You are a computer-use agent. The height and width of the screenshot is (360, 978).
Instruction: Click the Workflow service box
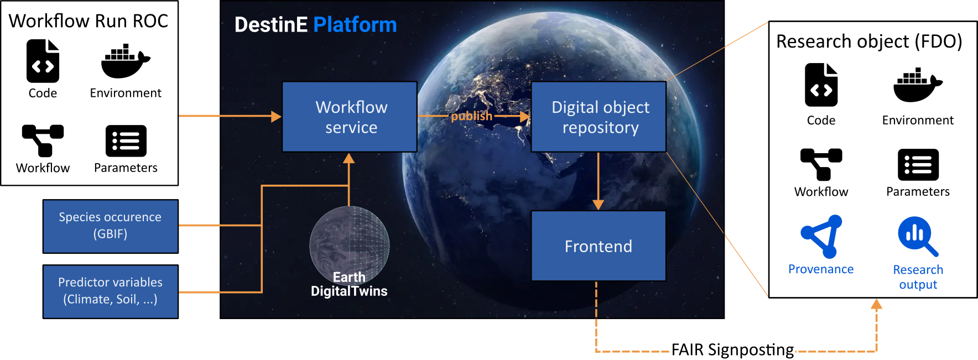(x=350, y=117)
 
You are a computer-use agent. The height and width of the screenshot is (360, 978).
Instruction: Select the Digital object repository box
(x=599, y=117)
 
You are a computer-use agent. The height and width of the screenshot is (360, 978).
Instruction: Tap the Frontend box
(x=599, y=246)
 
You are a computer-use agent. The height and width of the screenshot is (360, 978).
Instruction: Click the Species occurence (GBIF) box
(x=111, y=226)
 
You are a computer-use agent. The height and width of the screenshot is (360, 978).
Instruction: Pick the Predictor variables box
(x=111, y=291)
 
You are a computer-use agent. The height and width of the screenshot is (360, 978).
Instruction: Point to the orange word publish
(x=471, y=116)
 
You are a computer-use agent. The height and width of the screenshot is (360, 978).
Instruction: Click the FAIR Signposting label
(x=732, y=350)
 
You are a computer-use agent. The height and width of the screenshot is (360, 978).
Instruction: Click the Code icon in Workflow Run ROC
(x=43, y=61)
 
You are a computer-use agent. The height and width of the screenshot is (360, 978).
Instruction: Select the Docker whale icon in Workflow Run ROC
(x=126, y=61)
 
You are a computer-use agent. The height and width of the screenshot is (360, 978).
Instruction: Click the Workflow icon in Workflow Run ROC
(x=43, y=140)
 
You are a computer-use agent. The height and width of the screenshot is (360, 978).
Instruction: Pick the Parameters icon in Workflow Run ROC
(x=126, y=141)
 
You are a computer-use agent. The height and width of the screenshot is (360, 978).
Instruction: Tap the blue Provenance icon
(x=821, y=237)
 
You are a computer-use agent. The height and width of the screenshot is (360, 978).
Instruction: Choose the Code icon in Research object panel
(x=821, y=85)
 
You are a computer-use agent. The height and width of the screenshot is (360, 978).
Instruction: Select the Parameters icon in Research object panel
(x=918, y=165)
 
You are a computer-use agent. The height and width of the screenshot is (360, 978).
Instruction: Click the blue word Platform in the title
(x=355, y=25)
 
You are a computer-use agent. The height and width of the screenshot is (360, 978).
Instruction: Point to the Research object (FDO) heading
(x=869, y=41)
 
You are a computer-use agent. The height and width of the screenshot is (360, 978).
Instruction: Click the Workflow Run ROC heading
(x=89, y=21)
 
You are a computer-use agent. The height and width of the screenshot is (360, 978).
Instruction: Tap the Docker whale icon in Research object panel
(x=918, y=85)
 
